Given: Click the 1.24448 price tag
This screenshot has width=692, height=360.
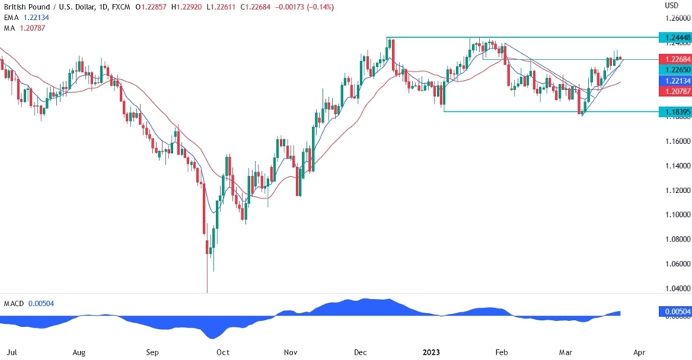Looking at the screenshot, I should [676, 37].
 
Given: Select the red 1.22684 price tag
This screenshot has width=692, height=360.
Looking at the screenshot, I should [676, 59].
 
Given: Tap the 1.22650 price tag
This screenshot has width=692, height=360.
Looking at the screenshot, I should [676, 69].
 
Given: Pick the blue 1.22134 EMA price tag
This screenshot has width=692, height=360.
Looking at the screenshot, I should [676, 80].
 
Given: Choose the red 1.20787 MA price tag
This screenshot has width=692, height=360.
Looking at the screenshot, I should [676, 91].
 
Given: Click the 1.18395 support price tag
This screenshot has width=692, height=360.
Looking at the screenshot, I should [676, 112].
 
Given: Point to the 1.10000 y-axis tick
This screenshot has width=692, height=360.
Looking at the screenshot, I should [676, 215].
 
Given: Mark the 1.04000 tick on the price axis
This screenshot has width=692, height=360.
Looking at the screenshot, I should [676, 288].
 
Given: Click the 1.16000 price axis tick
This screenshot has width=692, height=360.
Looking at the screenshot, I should [676, 141].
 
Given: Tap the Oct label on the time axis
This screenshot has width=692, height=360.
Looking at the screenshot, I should [222, 352].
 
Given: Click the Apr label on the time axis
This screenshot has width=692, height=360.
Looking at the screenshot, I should [639, 352].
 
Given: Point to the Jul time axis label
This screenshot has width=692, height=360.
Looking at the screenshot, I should [13, 352].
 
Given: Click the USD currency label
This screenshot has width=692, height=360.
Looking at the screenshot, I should [671, 5].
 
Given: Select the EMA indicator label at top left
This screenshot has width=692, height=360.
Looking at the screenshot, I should [9, 17].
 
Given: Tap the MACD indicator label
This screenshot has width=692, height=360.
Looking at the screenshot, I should [13, 305].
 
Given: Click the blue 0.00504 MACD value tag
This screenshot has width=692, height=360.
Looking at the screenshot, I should [676, 312].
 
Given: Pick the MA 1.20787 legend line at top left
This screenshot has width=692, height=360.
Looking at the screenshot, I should [26, 28].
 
